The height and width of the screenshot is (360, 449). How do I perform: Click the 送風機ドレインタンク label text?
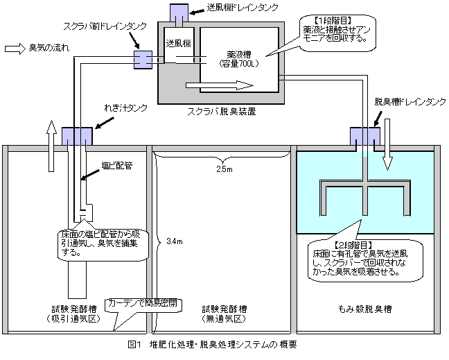pyautogui.click(x=243, y=8)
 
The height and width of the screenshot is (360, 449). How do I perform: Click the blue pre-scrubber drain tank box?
pyautogui.click(x=143, y=59)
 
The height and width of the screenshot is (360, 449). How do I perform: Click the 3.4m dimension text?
pyautogui.click(x=175, y=241)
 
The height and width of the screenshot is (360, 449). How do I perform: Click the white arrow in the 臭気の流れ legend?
pyautogui.click(x=15, y=49)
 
